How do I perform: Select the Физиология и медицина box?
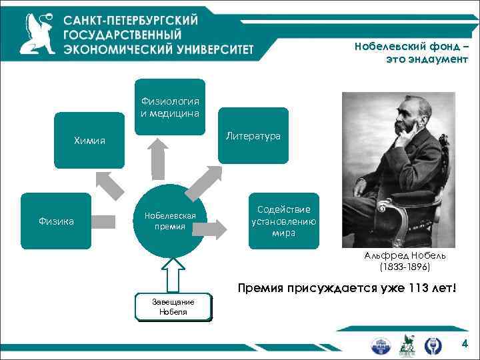point(170,107)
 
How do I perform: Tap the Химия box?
point(89,141)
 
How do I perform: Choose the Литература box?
point(253,136)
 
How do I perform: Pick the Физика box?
point(56,221)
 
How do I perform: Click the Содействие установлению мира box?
point(283,221)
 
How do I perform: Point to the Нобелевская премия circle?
point(170,221)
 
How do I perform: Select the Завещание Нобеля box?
point(173,307)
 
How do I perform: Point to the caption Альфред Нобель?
point(405,255)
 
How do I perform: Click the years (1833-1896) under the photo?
point(405,267)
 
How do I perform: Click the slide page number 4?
point(465,344)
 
